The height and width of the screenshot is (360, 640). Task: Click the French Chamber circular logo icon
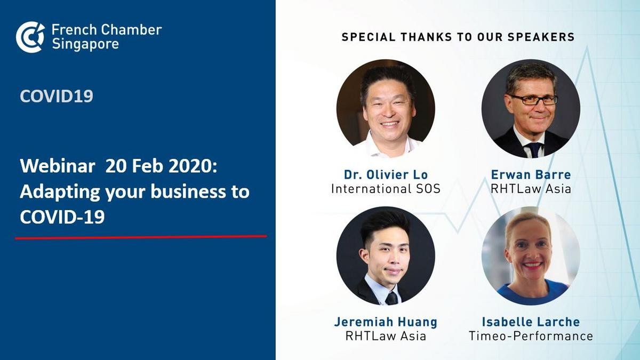click(x=30, y=37)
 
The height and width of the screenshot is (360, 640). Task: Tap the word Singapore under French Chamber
click(x=85, y=44)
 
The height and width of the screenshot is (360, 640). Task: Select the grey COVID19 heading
click(x=57, y=96)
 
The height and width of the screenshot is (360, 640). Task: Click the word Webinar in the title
click(x=58, y=166)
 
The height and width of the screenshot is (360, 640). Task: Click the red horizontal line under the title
click(x=141, y=237)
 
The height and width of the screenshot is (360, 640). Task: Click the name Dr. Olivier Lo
click(x=386, y=174)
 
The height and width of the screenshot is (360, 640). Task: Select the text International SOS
click(x=386, y=189)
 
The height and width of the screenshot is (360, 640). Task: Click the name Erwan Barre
click(x=531, y=174)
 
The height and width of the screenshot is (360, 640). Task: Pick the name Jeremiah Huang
click(x=386, y=322)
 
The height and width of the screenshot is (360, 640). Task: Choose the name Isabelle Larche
click(x=531, y=322)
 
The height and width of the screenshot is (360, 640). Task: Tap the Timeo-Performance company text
click(x=531, y=336)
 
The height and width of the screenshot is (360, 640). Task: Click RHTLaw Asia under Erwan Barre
click(x=531, y=189)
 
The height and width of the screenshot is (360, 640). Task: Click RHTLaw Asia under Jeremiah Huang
click(x=386, y=336)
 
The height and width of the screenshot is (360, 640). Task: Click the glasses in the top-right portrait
click(x=534, y=99)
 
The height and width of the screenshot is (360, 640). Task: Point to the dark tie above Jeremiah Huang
click(x=391, y=299)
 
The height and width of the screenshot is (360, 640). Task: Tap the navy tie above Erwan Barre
click(x=534, y=150)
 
